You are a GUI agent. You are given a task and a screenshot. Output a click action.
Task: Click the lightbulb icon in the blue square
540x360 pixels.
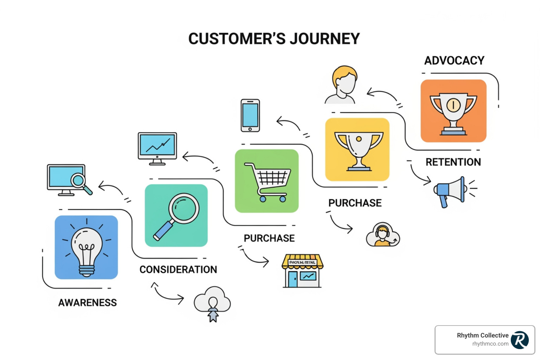point(86,247)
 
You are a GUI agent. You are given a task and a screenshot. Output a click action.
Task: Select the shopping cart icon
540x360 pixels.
point(267,181)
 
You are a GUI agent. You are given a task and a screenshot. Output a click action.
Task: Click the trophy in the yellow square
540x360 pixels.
point(358,150)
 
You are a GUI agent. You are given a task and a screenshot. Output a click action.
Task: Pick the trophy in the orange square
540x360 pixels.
point(453,111)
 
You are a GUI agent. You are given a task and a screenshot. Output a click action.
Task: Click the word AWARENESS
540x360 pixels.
point(88,303)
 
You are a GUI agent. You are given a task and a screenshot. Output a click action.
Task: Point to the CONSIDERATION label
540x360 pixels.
point(178,270)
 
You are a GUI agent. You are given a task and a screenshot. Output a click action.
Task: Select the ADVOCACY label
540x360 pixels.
point(454,60)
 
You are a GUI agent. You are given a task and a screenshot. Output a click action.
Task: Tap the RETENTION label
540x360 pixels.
point(453,162)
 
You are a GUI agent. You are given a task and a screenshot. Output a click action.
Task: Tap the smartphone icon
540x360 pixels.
point(250,116)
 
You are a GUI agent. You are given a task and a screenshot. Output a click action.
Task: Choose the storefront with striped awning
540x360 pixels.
point(302,271)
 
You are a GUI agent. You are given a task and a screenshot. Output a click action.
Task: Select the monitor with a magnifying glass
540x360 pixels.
point(69,180)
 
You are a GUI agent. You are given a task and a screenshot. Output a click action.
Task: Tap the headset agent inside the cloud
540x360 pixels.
point(382,235)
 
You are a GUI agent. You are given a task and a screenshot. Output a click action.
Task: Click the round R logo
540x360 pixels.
point(520,340)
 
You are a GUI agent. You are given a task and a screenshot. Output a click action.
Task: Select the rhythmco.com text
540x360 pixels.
point(490,344)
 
